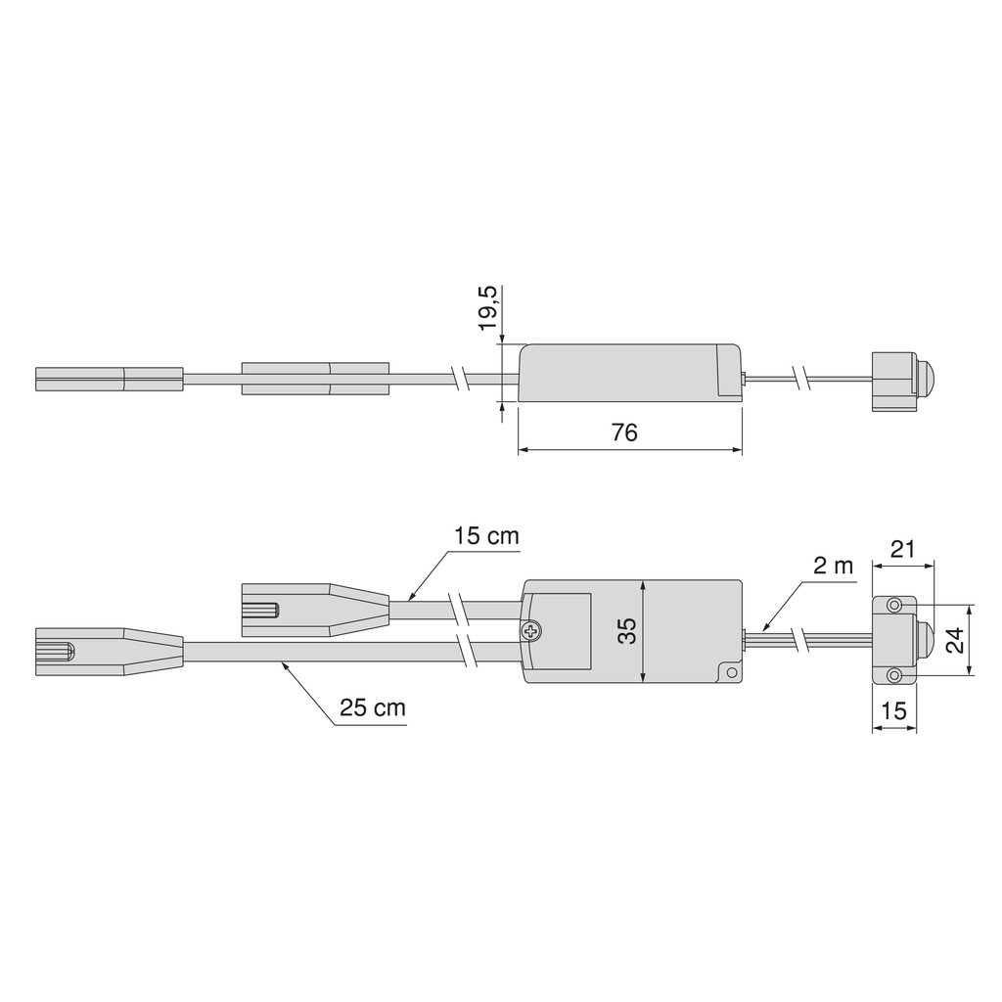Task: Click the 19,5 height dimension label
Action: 489,307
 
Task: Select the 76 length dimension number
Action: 624,433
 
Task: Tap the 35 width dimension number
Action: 629,631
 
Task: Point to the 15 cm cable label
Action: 487,535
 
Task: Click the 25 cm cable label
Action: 373,708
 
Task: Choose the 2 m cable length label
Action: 834,566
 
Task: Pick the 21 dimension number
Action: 902,549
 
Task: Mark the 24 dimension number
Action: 955,640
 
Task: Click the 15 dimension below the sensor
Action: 894,710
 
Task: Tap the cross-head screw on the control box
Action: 530,631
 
